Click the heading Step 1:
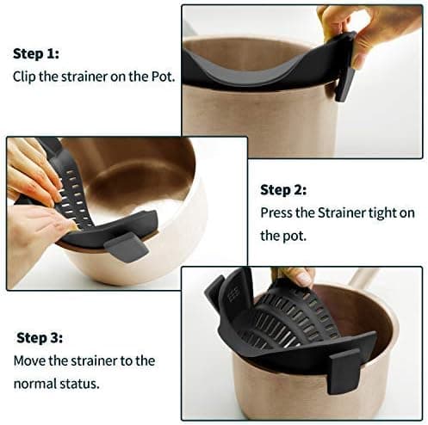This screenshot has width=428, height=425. click(x=36, y=53)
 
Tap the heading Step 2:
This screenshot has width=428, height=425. click(x=284, y=188)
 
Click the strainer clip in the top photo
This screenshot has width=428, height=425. click(x=346, y=77)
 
